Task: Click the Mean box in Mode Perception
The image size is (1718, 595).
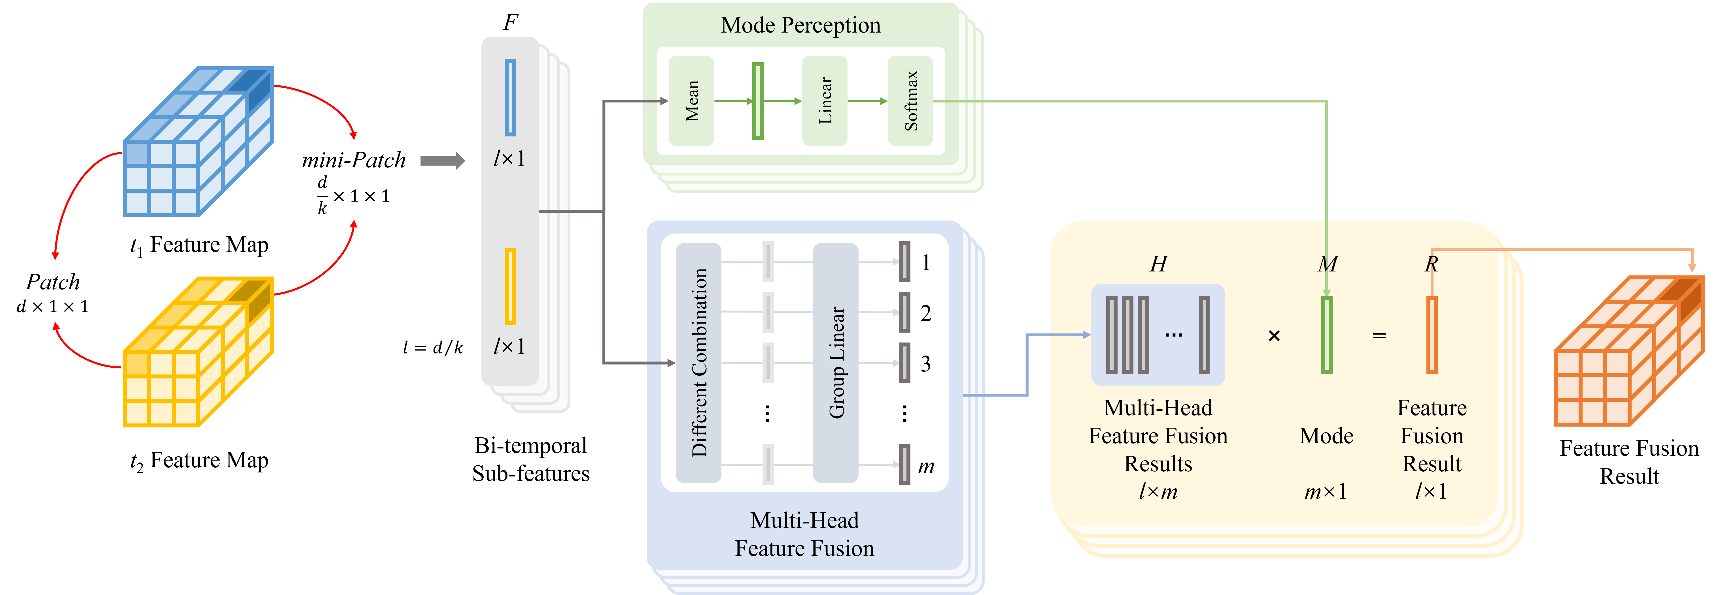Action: (692, 100)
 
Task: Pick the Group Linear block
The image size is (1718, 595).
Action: (836, 363)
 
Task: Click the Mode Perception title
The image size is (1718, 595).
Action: (800, 25)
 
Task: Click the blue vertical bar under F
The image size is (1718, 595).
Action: (510, 97)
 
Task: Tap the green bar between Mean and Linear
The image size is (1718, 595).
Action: (758, 100)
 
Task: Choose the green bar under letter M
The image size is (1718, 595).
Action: (1326, 335)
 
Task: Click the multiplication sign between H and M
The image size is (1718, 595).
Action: (1274, 336)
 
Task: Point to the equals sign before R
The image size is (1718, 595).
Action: (1379, 336)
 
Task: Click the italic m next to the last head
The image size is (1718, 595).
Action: (926, 466)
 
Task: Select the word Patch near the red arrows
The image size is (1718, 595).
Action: (53, 282)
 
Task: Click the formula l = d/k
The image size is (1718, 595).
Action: (433, 347)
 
